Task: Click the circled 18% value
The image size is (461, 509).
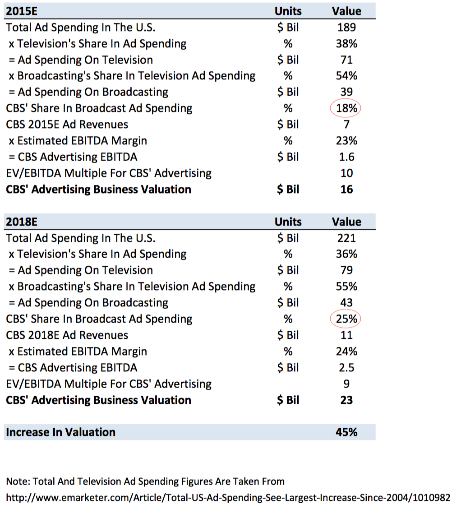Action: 346,108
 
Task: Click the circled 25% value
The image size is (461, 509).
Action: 346,319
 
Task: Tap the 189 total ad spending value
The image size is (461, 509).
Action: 346,28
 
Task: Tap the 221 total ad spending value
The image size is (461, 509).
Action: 346,238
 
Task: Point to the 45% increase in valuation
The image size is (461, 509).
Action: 346,432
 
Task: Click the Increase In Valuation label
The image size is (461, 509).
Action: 60,432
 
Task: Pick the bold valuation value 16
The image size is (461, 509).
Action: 346,189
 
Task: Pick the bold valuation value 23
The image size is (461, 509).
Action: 346,400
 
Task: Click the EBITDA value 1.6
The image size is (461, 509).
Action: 346,157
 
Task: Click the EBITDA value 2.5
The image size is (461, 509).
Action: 346,368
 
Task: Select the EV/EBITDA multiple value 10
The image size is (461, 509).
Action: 346,173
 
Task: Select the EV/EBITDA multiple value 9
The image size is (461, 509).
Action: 346,384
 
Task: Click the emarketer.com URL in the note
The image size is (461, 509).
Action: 228,498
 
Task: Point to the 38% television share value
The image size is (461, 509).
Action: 346,44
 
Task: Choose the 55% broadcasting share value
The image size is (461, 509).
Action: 346,287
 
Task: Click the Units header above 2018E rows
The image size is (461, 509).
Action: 288,222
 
